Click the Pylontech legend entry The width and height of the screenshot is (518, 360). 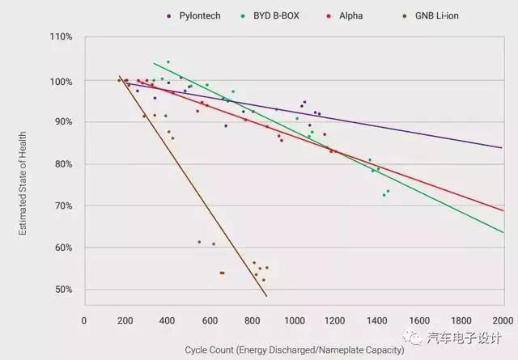(x=194, y=15)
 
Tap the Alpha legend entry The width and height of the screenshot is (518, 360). (x=347, y=15)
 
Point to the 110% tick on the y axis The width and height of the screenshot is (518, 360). (x=62, y=38)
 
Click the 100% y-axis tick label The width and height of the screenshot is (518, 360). (x=62, y=81)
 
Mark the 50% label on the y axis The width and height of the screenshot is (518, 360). (x=64, y=290)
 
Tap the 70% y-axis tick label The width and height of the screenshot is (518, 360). (x=64, y=206)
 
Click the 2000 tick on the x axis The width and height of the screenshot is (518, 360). (x=502, y=319)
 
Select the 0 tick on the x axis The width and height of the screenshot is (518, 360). (x=84, y=319)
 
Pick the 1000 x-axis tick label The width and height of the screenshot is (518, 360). (x=293, y=319)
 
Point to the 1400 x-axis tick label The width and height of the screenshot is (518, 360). (x=376, y=319)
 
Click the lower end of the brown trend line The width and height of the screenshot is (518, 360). (x=267, y=295)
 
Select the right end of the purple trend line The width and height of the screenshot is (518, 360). (x=502, y=147)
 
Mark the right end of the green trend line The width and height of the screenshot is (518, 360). (x=502, y=233)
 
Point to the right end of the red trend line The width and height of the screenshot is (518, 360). (x=502, y=210)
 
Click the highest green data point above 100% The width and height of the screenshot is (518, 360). (x=168, y=61)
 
